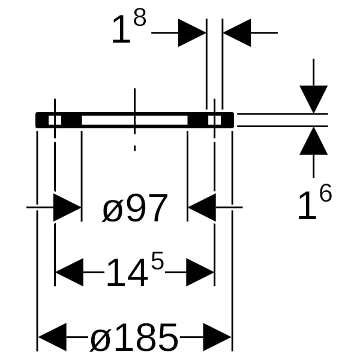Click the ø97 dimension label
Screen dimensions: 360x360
click(135, 208)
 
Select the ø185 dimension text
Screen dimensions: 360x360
click(134, 337)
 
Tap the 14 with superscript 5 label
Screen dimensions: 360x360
click(135, 269)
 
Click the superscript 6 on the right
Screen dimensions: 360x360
click(326, 193)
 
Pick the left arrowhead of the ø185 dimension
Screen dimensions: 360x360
click(52, 337)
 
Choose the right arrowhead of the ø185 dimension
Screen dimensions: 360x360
click(217, 337)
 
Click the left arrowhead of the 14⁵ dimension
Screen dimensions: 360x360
click(70, 272)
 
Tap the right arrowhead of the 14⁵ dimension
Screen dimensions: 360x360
click(200, 272)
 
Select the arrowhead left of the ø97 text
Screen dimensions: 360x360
click(67, 208)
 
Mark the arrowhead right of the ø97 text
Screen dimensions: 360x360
click(202, 208)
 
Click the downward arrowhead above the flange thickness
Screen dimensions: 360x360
click(314, 100)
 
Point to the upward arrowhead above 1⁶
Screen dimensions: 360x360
click(314, 141)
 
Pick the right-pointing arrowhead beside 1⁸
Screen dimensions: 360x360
click(192, 33)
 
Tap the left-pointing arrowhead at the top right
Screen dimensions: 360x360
click(237, 33)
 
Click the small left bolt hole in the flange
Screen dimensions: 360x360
click(55, 120)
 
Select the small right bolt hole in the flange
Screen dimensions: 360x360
click(214, 120)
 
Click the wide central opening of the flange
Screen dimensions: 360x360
click(134, 120)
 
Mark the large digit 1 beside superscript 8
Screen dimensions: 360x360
click(121, 29)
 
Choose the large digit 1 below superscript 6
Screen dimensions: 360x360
click(307, 205)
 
